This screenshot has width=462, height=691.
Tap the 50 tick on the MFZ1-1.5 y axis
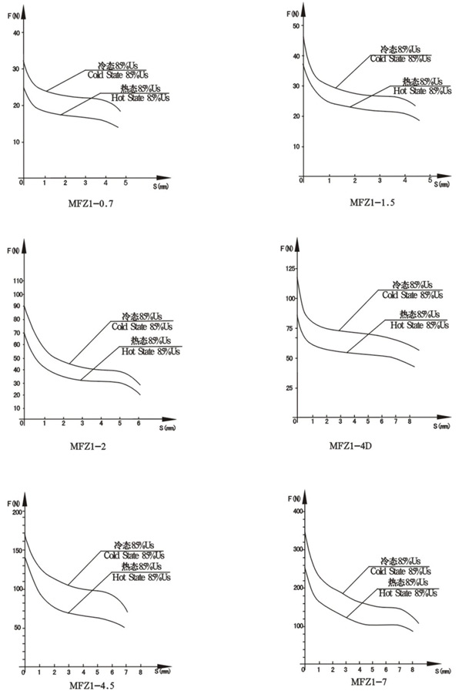(x=293, y=26)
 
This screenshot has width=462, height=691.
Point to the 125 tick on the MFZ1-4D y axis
(x=290, y=268)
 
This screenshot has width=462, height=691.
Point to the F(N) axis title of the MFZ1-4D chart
(x=286, y=249)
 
